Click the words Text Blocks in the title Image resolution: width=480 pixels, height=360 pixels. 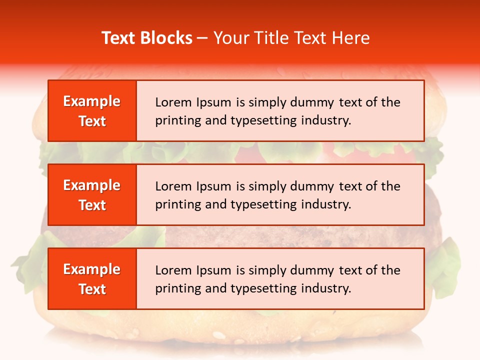147,38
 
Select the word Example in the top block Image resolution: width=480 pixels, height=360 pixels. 92,101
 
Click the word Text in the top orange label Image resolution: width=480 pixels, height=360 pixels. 92,121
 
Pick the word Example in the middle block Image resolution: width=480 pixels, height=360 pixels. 92,185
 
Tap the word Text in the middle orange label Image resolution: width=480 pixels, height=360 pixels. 92,205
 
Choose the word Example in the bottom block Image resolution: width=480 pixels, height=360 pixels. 92,269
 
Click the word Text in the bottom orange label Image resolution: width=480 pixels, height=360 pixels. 92,289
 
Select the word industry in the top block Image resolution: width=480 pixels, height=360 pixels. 326,120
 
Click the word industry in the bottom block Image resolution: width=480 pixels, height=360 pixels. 326,288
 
